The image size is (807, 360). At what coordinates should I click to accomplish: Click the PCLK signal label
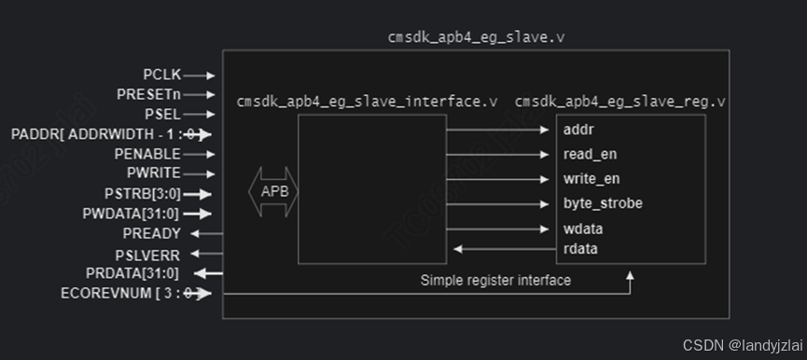coord(161,74)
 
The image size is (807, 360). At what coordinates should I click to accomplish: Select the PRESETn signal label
coord(148,94)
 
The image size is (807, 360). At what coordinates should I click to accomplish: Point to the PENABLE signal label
coord(147,153)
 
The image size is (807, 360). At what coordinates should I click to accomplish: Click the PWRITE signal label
coord(153,173)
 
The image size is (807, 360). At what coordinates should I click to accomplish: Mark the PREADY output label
coord(151,233)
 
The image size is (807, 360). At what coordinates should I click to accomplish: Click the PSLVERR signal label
coord(146,254)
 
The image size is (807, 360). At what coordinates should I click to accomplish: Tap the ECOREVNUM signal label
coord(106,294)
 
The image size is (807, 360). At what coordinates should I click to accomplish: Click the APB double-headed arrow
coord(272,191)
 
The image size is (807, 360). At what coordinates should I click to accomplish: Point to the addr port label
coord(578,129)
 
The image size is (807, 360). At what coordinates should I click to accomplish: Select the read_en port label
coord(590,154)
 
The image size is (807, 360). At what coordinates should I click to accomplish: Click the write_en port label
coord(591,178)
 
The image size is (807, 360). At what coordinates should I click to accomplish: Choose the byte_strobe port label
coord(603,203)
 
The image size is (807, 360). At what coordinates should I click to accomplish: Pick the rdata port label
coord(580,248)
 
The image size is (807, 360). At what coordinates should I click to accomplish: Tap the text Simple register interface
coord(495,280)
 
